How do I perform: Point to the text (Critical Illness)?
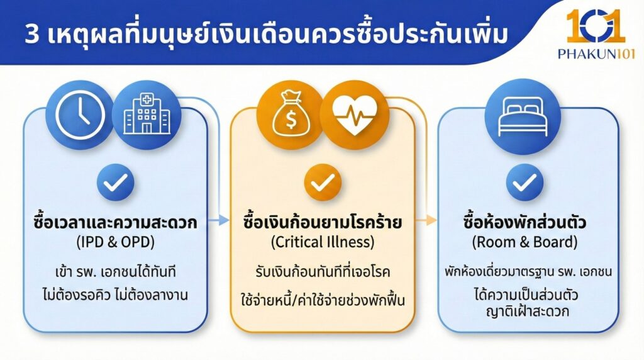[x=322, y=242]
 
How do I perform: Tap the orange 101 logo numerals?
[x=594, y=26]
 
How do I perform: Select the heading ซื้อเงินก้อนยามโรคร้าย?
[x=322, y=223]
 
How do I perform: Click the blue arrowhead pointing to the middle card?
[x=223, y=220]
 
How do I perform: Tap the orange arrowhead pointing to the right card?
[x=431, y=220]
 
